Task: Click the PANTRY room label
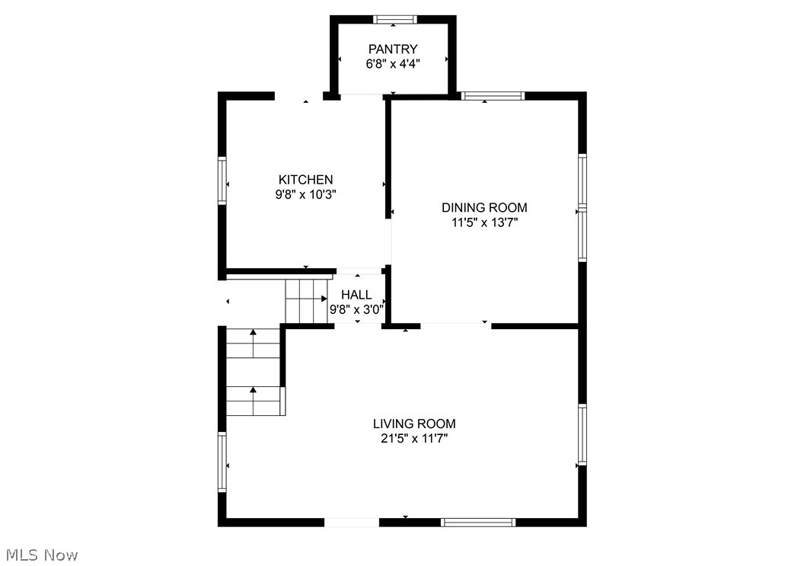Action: coord(393,50)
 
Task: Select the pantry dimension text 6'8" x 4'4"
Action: coord(393,64)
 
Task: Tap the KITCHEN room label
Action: coord(305,180)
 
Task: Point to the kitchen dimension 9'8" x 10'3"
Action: coord(305,194)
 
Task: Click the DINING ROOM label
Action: coord(484,207)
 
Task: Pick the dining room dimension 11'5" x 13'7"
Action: coord(484,222)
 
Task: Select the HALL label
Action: coord(356,295)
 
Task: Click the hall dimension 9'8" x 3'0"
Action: coord(356,310)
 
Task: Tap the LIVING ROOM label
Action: coord(414,424)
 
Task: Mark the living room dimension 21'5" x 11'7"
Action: coord(414,439)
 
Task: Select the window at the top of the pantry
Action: coord(394,19)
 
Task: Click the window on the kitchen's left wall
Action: coord(222,181)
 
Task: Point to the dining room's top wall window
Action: coord(493,96)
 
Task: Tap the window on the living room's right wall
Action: coord(582,434)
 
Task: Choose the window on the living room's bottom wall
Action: coord(478,523)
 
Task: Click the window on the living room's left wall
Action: coord(222,462)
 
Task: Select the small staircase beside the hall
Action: coord(305,300)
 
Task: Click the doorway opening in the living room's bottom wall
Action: coord(352,523)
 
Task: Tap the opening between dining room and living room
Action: coord(455,325)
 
